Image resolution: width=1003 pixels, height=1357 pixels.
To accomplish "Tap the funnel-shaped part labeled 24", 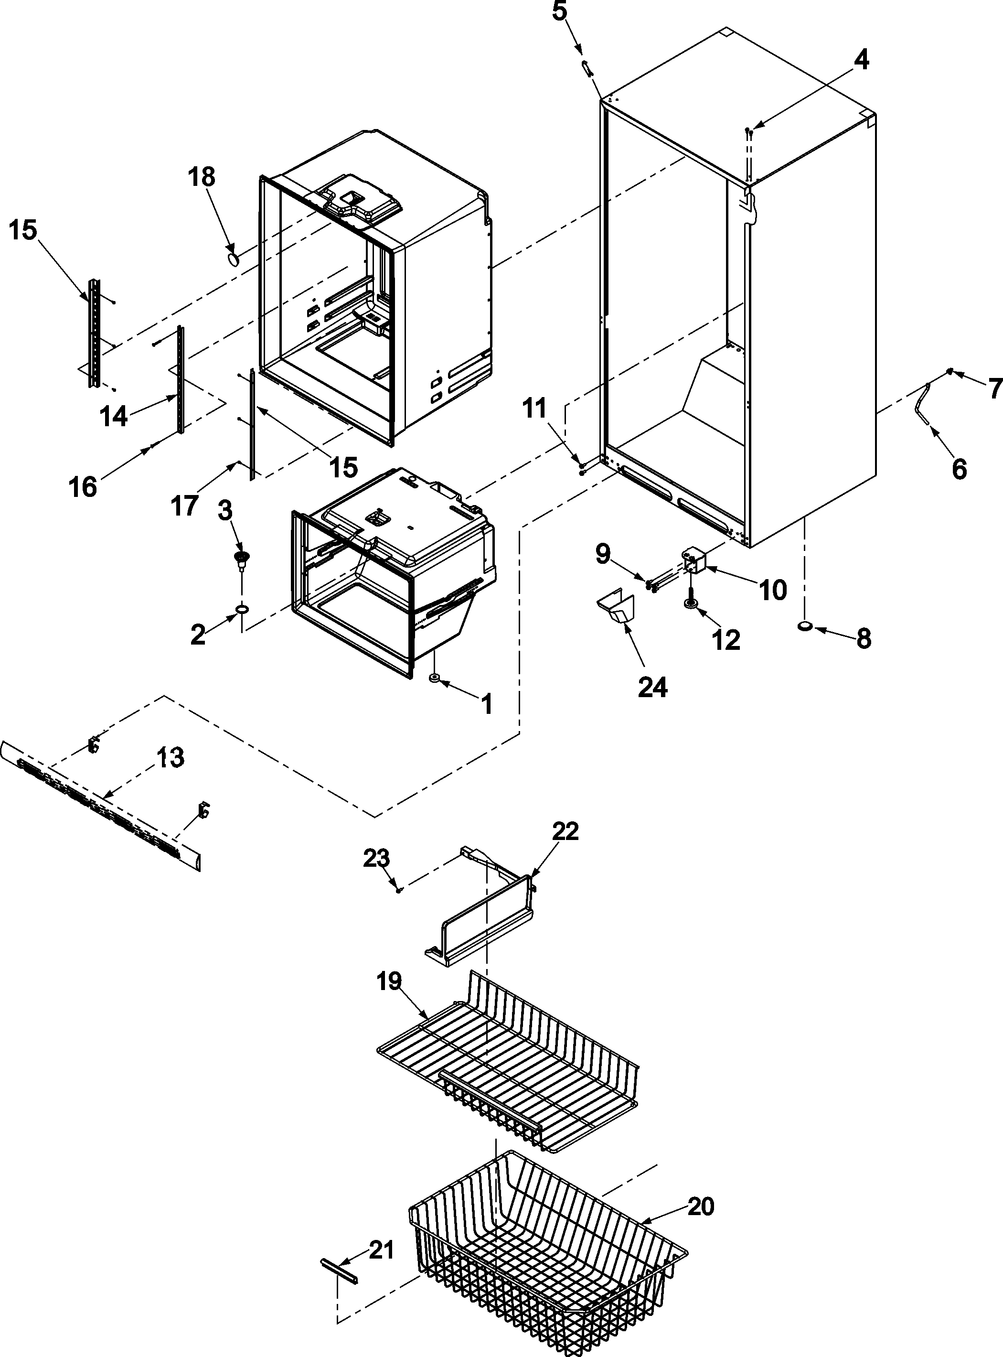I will point(616,607).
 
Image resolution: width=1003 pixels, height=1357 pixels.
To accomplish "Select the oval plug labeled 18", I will point(233,260).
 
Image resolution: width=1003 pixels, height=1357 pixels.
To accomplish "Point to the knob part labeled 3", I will point(242,558).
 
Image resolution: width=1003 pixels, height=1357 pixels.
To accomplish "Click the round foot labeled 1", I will point(434,677).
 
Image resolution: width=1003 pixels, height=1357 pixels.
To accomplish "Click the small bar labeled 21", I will point(339,1270).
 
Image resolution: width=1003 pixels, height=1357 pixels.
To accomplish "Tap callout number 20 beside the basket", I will point(701,1206).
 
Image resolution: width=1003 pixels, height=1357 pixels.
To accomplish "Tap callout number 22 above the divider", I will point(565,831).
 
